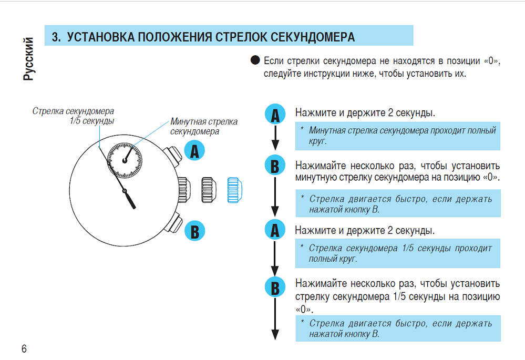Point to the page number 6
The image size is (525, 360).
[x=24, y=349]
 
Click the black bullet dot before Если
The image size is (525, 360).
[x=256, y=60]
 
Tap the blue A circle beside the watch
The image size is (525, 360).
[x=194, y=151]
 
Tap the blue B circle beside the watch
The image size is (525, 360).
[x=194, y=231]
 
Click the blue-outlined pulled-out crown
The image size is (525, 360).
[x=233, y=190]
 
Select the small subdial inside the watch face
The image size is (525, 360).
[x=124, y=158]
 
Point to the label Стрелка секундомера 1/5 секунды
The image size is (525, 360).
[x=74, y=116]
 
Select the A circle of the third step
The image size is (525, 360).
[x=274, y=230]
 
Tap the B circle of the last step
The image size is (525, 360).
[x=274, y=287]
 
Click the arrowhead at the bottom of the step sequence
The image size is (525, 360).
[x=274, y=335]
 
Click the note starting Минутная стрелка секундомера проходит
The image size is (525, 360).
[x=398, y=136]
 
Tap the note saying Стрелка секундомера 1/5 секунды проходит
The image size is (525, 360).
[x=398, y=253]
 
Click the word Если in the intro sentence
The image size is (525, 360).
[x=275, y=61]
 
